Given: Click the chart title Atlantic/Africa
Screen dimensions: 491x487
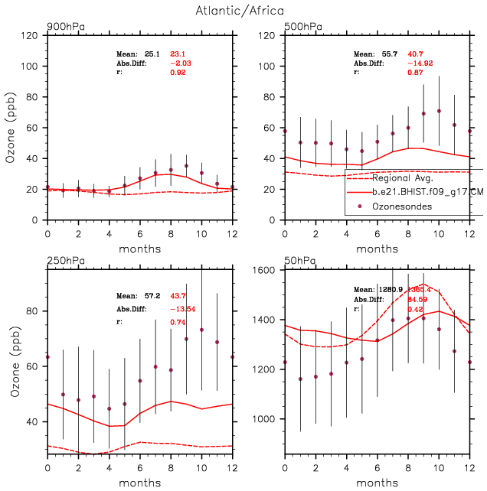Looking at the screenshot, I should point(243,11).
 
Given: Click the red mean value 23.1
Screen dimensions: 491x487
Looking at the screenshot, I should point(178,54).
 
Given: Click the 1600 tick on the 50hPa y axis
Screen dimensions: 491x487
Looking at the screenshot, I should point(270,271).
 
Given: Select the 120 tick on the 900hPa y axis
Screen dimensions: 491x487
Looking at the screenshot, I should point(32,35).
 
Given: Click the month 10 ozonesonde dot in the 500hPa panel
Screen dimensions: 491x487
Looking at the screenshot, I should point(439,111).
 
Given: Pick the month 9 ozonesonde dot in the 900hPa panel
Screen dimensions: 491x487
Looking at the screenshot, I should point(186,165).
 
